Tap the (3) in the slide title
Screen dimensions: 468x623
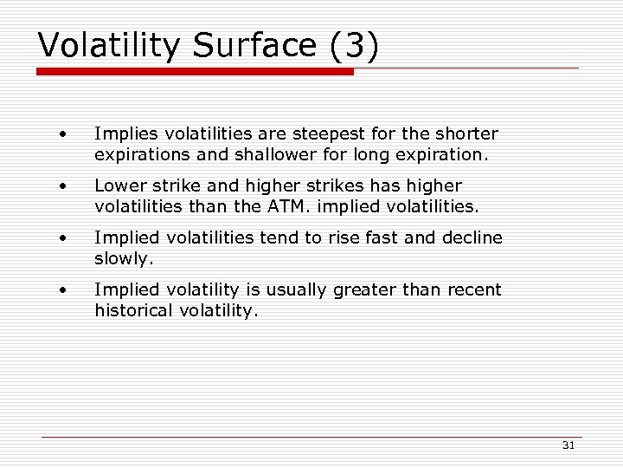point(354,46)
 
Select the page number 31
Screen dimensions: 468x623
point(568,445)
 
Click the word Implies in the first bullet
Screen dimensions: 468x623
point(119,134)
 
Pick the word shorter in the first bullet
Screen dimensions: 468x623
point(466,134)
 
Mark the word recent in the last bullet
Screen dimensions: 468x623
point(472,289)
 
